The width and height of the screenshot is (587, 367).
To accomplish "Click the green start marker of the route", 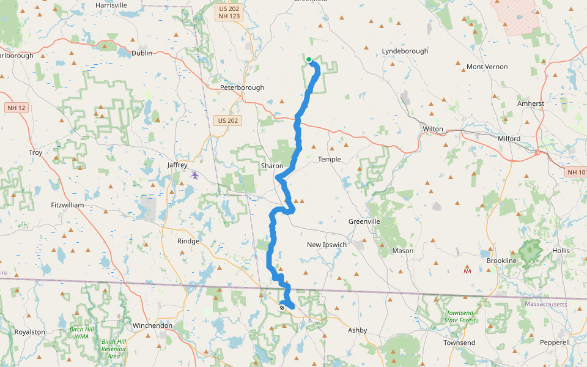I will pos(309,59).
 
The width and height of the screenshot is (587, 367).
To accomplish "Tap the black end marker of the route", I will pos(282,308).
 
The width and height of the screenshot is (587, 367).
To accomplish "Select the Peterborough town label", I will pos(242,87).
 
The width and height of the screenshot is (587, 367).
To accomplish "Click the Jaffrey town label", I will pos(177,165).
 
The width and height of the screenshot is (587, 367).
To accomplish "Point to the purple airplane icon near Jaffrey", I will pos(195,175).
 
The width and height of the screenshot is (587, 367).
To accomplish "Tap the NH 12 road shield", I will pos(17,108).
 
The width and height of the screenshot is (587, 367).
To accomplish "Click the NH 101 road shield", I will pos(575,172).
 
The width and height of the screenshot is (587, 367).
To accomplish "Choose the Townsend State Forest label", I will pos(460,316).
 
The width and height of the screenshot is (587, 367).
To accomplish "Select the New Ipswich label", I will pos(327,245).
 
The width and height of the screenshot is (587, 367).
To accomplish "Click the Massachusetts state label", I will pos(546,304).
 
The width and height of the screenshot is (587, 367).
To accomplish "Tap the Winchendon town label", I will pos(152,325).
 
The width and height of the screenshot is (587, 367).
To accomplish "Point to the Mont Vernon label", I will pos(487,67).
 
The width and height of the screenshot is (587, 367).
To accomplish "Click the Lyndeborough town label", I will pos(405,51).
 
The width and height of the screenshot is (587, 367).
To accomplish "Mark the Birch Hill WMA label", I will pos(81,332).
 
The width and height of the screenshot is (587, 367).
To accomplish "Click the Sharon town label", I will pos(272,166).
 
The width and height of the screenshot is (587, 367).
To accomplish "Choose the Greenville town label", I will pos(364,221).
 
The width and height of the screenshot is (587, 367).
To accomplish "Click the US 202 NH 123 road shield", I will pos(230,13).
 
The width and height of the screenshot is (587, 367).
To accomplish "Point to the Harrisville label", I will pos(111,5).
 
